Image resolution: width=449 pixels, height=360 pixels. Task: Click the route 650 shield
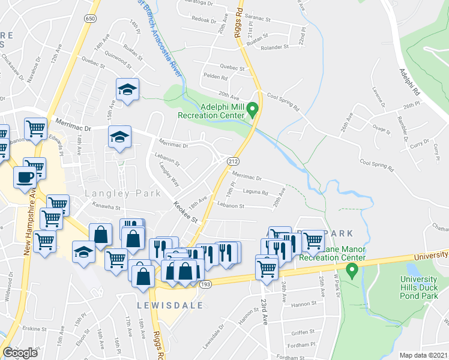tap(90, 19)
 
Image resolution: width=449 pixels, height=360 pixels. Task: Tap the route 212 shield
tap(233, 160)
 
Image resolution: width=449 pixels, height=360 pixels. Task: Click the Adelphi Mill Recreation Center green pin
tap(253, 110)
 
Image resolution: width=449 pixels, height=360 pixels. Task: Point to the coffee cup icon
tap(25, 178)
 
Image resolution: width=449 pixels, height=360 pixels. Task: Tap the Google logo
tap(20, 353)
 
